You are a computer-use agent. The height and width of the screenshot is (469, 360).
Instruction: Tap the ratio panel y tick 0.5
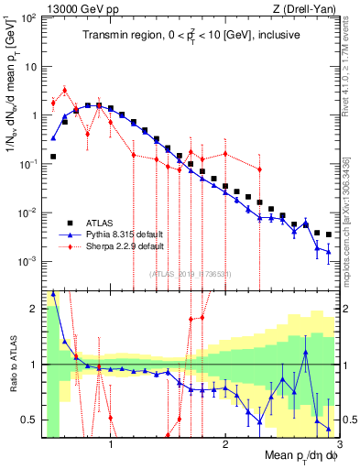click(x=30, y=420)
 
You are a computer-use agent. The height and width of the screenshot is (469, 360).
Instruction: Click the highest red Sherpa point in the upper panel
click(x=64, y=90)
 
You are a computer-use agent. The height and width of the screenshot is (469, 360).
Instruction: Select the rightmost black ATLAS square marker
click(x=329, y=234)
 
